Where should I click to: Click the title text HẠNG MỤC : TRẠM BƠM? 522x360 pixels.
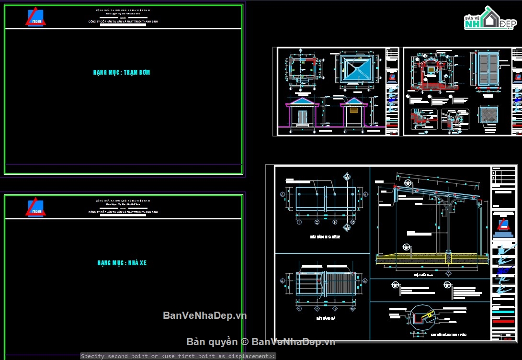pyautogui.click(x=122, y=72)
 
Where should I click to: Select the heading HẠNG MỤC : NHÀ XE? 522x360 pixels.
pyautogui.click(x=122, y=263)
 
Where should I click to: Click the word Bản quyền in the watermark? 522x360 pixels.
pyautogui.click(x=212, y=341)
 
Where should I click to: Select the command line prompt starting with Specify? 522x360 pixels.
pyautogui.click(x=178, y=356)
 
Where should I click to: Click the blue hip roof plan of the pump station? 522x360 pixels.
pyautogui.click(x=355, y=70)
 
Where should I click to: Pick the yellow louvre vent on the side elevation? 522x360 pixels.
pyautogui.click(x=353, y=110)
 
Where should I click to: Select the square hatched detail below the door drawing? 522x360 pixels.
pyautogui.click(x=488, y=116)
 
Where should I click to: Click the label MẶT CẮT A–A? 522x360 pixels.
pyautogui.click(x=423, y=275)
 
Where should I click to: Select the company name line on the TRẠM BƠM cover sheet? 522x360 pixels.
pyautogui.click(x=123, y=22)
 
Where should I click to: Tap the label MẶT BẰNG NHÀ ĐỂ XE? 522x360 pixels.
pyautogui.click(x=325, y=236)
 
